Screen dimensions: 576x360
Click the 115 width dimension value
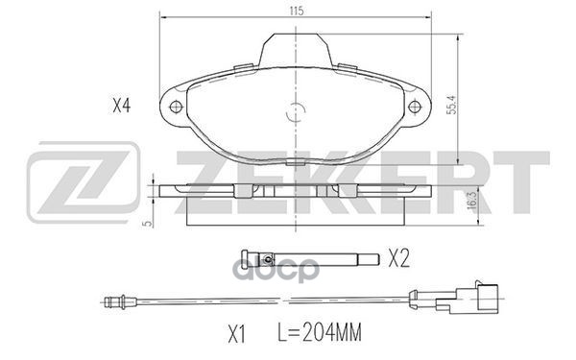(x=297, y=11)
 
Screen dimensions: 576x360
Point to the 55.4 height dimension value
(x=452, y=105)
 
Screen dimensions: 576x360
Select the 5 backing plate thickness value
(x=148, y=223)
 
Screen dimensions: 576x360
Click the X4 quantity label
(x=122, y=107)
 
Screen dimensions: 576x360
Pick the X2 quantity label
(x=399, y=258)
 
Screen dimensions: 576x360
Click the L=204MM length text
(x=320, y=332)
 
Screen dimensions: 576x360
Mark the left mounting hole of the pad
(x=177, y=107)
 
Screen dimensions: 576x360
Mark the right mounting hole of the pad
(x=415, y=107)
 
